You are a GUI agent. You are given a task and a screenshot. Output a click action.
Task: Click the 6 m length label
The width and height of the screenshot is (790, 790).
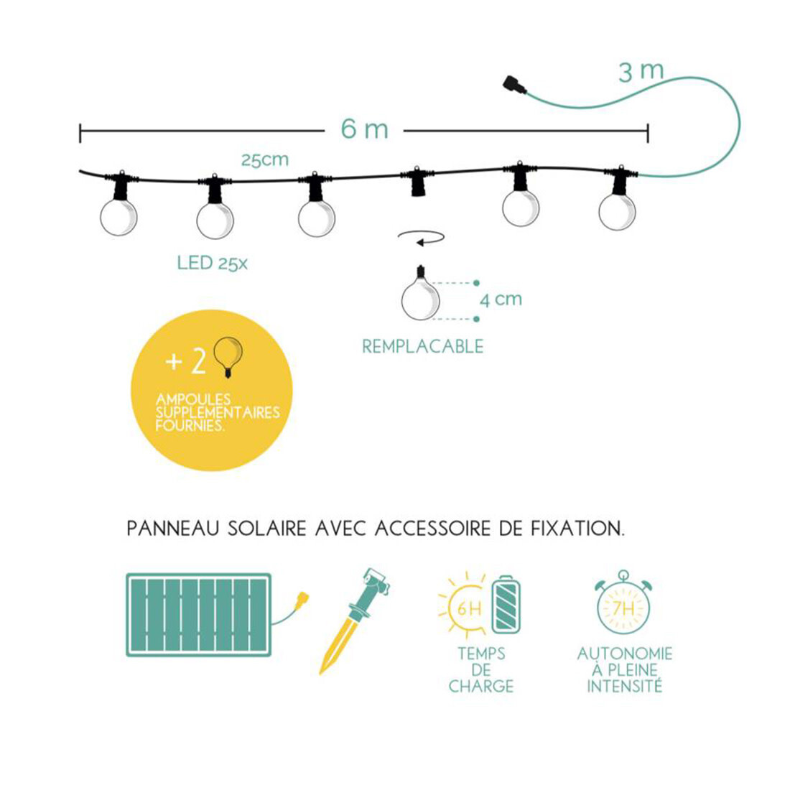coord(364,129)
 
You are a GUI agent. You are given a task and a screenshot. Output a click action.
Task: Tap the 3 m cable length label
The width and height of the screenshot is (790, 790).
coord(641,72)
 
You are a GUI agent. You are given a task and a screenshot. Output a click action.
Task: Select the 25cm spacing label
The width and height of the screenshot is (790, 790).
coord(265,159)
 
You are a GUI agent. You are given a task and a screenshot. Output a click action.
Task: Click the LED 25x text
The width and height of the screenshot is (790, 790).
coord(212,263)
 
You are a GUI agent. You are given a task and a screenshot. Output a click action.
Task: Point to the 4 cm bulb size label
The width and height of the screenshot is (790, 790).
coord(501,299)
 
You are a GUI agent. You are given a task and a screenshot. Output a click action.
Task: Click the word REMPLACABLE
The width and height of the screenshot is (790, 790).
coord(423,347)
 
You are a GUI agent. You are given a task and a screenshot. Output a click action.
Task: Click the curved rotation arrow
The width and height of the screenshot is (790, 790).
coord(421,238)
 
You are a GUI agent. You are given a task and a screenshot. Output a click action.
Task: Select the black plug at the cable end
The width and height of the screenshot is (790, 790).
coord(514,84)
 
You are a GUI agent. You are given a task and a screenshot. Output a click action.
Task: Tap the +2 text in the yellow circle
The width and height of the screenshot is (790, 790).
coord(186,361)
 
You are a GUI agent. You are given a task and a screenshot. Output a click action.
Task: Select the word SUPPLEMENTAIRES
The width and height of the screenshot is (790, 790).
coord(218,413)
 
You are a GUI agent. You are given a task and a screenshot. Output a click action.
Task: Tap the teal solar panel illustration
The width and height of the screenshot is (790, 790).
coord(198,615)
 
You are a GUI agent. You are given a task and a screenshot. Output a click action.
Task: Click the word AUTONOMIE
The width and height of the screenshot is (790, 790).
coord(625,654)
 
